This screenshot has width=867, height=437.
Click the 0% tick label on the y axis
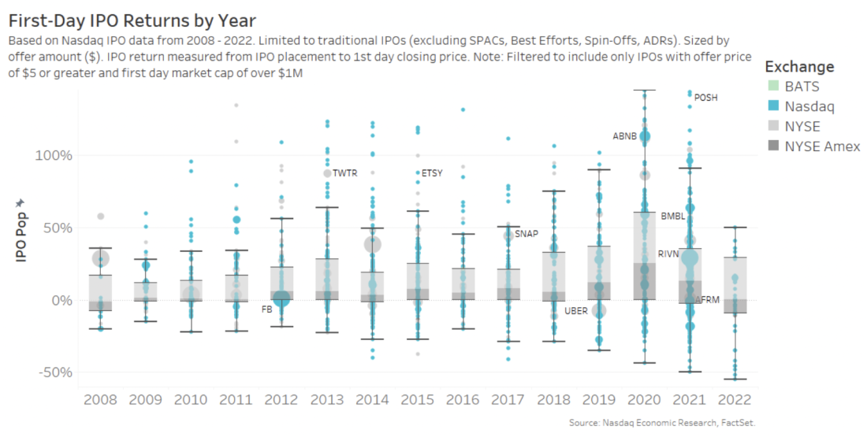click(61, 300)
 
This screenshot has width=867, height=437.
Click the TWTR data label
click(345, 173)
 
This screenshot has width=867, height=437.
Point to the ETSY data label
click(432, 173)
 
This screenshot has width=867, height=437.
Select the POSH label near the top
click(706, 98)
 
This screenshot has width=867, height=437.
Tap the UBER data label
click(575, 311)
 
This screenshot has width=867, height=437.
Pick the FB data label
click(266, 309)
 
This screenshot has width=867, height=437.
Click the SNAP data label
click(527, 234)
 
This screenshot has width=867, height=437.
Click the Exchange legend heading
click(799, 67)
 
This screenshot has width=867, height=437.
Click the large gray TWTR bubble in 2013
click(327, 173)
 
